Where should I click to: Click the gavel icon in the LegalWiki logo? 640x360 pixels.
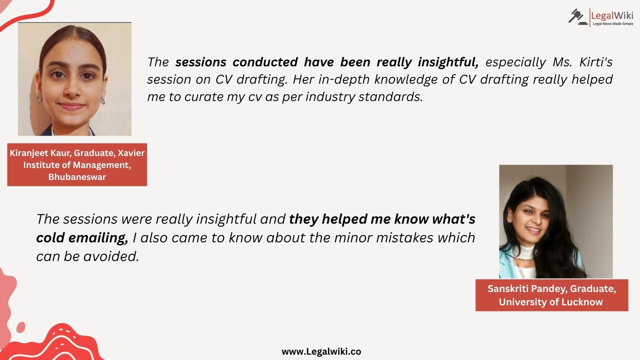(578, 17)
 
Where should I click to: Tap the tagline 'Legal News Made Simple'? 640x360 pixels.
(613, 24)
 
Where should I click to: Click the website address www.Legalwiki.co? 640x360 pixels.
(321, 352)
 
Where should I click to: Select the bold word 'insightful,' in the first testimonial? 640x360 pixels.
(448, 62)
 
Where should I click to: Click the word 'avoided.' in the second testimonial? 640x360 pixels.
(111, 256)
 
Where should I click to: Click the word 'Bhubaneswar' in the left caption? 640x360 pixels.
(77, 177)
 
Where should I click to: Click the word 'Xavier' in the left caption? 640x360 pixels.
(131, 153)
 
